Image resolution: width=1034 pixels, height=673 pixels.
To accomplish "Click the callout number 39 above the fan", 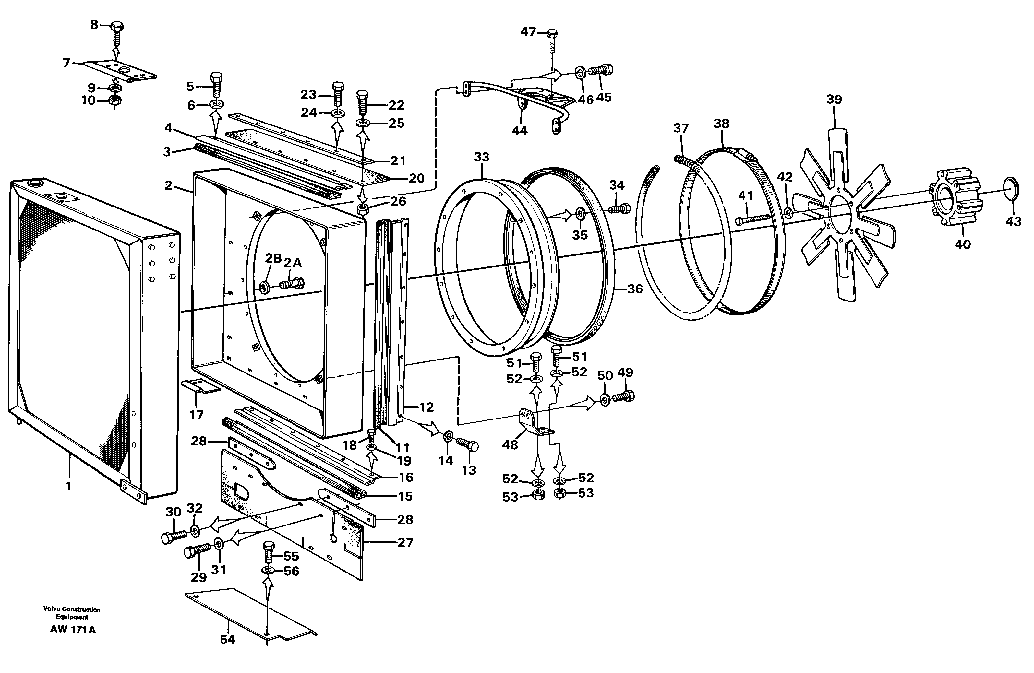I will pyautogui.click(x=834, y=100).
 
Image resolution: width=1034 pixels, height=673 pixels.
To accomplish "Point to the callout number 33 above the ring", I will pyautogui.click(x=481, y=157).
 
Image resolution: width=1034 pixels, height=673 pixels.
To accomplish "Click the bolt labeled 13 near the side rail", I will pyautogui.click(x=467, y=444).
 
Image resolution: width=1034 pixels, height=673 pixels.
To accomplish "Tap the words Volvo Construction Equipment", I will pyautogui.click(x=72, y=613).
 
